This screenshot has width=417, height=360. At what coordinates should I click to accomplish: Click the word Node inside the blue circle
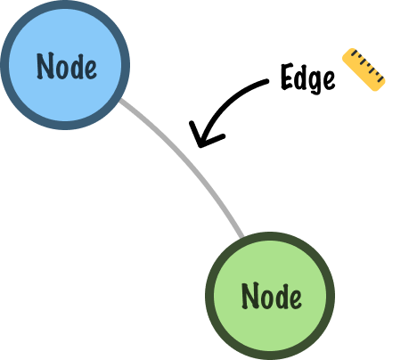[67, 66]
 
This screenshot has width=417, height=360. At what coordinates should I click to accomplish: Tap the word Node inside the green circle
[272, 296]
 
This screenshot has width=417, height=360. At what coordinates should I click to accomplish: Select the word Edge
[308, 78]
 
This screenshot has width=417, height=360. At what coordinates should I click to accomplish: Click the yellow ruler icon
[364, 70]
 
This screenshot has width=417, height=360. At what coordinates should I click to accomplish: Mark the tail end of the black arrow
[267, 81]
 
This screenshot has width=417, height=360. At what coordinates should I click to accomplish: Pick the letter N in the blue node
[45, 66]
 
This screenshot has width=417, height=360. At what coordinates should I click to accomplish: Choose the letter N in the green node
[250, 296]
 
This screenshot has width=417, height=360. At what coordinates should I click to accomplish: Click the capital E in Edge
[288, 77]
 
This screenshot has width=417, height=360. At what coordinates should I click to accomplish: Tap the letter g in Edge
[316, 82]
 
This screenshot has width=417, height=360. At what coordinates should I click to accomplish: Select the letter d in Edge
[302, 77]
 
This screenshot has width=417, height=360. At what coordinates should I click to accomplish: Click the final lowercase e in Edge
[330, 80]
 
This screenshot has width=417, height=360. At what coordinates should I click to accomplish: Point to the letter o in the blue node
[62, 70]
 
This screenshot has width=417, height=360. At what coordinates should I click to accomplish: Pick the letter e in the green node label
[295, 299]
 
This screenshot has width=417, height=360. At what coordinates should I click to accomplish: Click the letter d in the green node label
[282, 297]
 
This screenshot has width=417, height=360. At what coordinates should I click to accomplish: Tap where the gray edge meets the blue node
[120, 100]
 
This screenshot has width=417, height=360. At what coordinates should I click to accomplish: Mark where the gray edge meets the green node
[241, 237]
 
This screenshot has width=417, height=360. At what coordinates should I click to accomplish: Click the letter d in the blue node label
[77, 66]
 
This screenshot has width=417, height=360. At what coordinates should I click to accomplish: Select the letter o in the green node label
[267, 299]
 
